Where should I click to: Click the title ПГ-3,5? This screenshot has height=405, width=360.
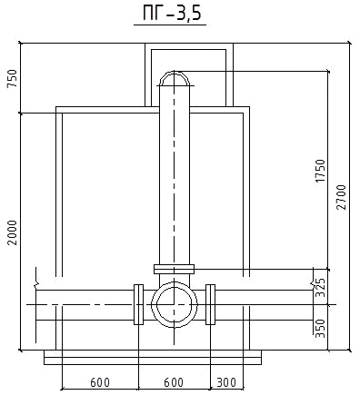(x=172, y=13)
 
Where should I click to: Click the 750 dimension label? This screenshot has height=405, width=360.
(x=13, y=78)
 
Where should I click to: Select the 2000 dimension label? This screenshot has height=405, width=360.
(x=13, y=232)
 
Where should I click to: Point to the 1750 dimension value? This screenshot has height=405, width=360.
(x=320, y=171)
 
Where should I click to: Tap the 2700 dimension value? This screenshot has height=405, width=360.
(x=341, y=197)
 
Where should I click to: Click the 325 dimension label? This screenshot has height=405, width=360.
(x=320, y=287)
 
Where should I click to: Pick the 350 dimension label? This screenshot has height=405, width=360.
(x=320, y=329)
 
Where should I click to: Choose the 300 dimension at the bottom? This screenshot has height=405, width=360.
(x=226, y=382)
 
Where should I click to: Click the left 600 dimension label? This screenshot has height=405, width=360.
(x=100, y=382)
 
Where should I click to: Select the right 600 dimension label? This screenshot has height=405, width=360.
(x=174, y=382)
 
